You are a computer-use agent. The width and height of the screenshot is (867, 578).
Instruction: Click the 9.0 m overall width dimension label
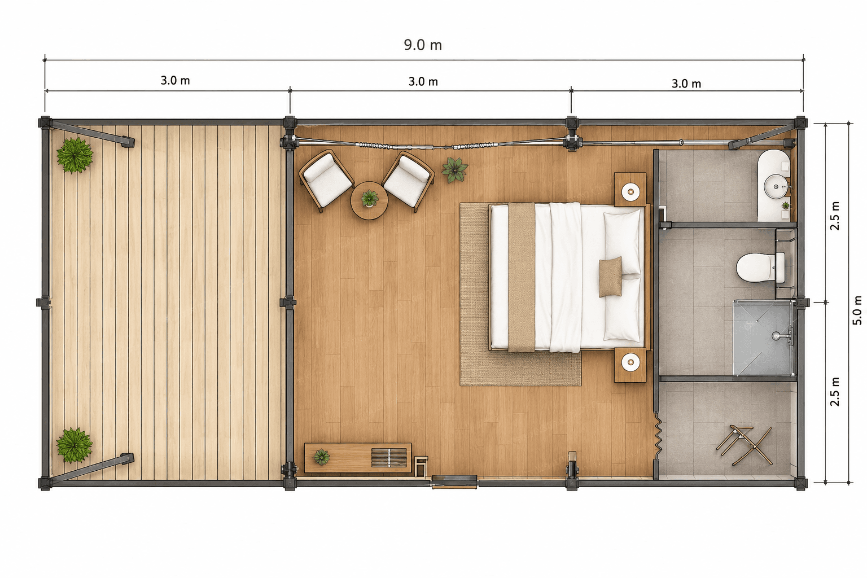[x=423, y=45]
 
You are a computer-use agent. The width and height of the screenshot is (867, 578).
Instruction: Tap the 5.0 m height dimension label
[x=857, y=310]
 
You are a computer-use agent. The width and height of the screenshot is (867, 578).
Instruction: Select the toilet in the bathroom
[x=760, y=268]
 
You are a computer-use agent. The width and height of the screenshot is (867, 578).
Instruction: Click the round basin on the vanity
[x=776, y=187]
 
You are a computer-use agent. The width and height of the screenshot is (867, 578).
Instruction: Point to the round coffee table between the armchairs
[x=369, y=200]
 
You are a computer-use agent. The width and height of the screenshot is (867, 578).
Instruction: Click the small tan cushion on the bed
[x=610, y=277]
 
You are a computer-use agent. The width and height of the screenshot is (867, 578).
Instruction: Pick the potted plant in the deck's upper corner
[x=75, y=155]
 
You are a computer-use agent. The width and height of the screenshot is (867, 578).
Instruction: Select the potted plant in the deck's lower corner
[x=75, y=445]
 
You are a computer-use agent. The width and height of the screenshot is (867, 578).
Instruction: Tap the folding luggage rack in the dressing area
[x=744, y=445]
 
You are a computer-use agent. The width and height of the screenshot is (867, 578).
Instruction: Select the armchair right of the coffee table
[x=408, y=181]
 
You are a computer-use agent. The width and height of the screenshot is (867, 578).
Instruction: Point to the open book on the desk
[x=389, y=457]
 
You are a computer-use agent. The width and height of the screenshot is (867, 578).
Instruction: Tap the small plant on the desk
[x=321, y=457]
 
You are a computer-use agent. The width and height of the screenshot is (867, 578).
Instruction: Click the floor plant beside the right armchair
[x=455, y=169]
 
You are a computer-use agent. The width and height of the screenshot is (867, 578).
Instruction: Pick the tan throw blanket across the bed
[x=522, y=277]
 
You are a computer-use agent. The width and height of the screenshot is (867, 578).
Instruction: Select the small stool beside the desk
[x=421, y=466]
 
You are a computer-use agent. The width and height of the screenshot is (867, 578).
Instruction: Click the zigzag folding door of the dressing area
[x=657, y=436]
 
